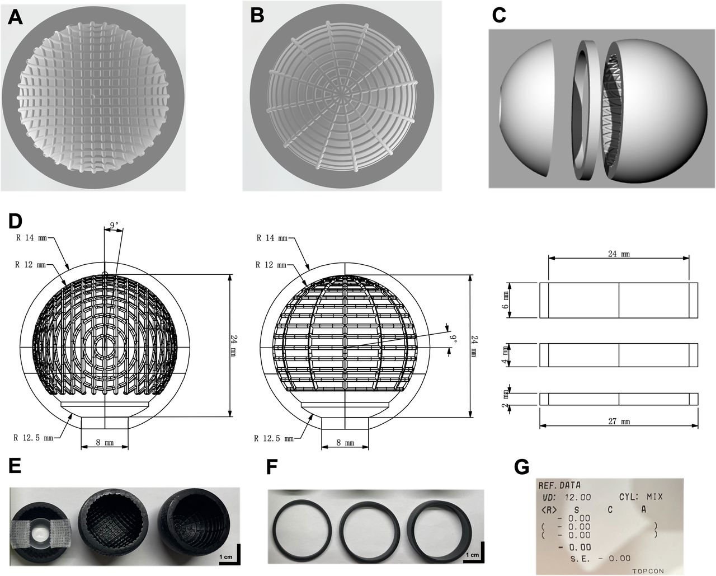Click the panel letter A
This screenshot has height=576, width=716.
(15, 18)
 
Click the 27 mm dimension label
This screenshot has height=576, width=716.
(618, 421)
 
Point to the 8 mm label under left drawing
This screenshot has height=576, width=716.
(105, 442)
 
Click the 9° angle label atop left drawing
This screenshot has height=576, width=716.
(114, 225)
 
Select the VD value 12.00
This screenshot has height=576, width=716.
(576, 497)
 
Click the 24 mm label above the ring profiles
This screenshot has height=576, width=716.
(618, 254)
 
